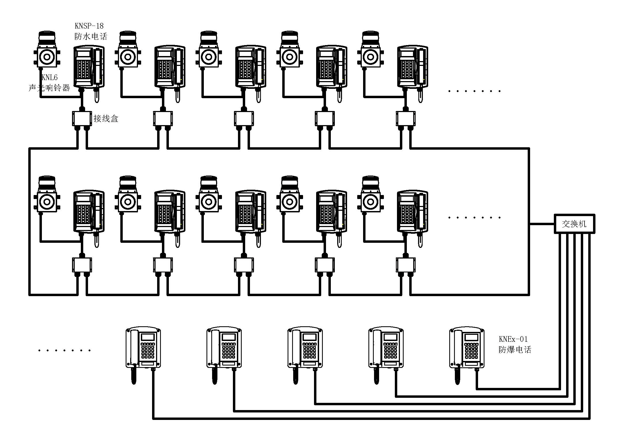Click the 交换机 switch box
pos(574,224)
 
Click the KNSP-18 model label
pos(89,26)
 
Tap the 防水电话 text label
pos(91,36)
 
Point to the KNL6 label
pos(49,77)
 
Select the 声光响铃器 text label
pos(49,88)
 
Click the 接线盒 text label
pos(106,118)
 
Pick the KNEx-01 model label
pos(513,339)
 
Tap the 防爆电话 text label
pos(515,349)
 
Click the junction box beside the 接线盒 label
pos(82,118)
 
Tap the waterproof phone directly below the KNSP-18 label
pos(89,67)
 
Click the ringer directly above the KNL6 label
pos(47,50)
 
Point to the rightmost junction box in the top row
pos(406,118)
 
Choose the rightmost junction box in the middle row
pos(406,265)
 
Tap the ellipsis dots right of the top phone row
pos(474,91)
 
